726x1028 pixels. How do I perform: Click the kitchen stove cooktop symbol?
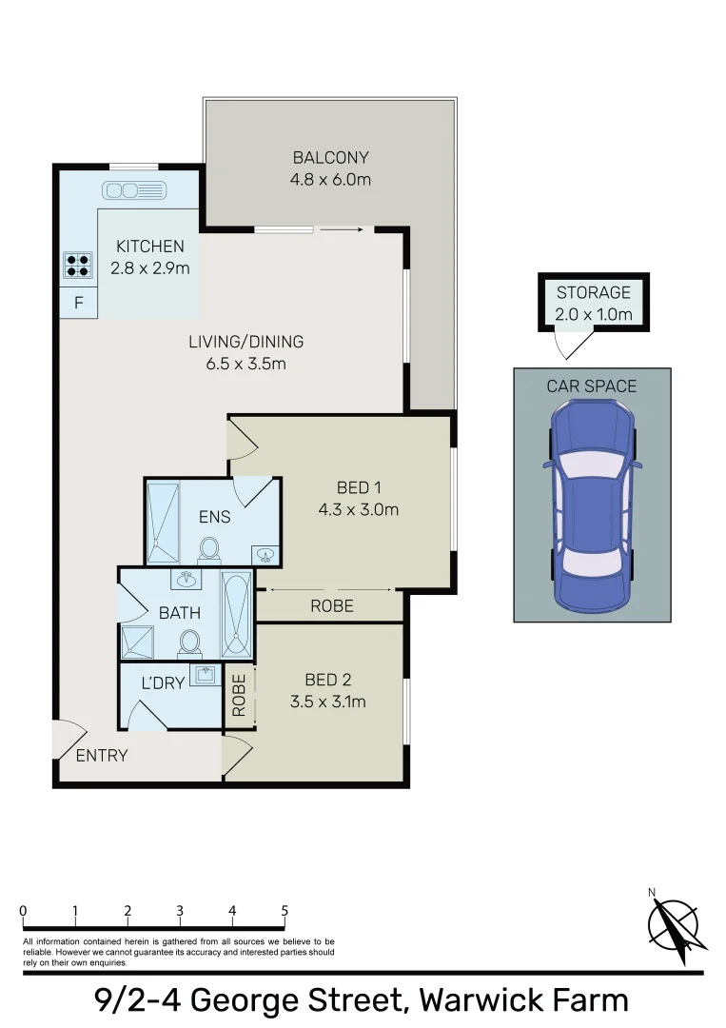[78, 265]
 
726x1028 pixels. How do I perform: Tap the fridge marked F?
[79, 305]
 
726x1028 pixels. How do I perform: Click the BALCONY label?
[330, 158]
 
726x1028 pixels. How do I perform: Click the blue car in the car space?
[590, 504]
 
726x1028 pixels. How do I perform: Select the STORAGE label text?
[594, 292]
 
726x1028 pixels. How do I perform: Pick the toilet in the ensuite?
[209, 548]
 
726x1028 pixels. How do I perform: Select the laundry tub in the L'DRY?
[204, 676]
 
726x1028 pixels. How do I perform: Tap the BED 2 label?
[328, 680]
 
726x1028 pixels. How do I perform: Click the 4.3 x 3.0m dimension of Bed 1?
[358, 509]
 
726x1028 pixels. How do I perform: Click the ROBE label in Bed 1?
[332, 605]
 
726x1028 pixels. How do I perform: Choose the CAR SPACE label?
[591, 385]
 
